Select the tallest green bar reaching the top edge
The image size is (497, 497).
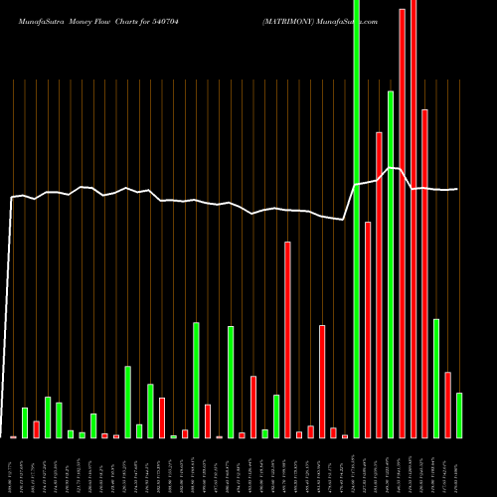click(357, 219)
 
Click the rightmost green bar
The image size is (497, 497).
click(459, 415)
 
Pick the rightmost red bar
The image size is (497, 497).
click(448, 405)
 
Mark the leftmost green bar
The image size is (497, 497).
click(25, 422)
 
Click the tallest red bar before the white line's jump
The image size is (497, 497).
click(288, 339)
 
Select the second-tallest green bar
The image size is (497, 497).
click(391, 264)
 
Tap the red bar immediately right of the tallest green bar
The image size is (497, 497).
click(368, 329)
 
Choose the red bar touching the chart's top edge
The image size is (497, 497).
click(414, 219)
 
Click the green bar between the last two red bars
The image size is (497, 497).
click(436, 378)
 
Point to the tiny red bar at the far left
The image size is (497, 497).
click(14, 436)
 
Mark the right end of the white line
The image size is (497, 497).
click(458, 189)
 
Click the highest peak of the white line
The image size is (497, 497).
click(395, 168)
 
